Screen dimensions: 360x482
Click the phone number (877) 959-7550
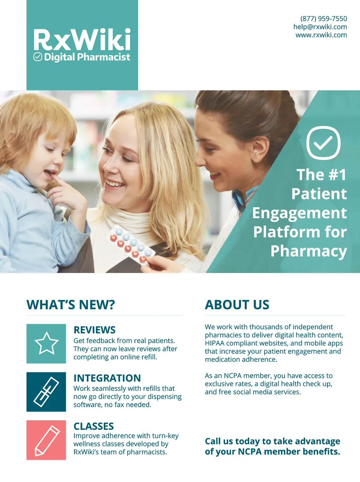pyautogui.click(x=323, y=19)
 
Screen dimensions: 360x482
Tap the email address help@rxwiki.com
pyautogui.click(x=320, y=27)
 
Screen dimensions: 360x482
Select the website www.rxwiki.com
pyautogui.click(x=321, y=35)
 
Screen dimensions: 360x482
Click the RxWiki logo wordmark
pyautogui.click(x=82, y=39)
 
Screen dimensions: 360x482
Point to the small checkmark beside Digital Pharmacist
pyautogui.click(x=38, y=57)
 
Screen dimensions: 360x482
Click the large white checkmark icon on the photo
pyautogui.click(x=323, y=143)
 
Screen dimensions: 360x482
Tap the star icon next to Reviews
pyautogui.click(x=46, y=343)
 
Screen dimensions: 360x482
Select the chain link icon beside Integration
pyautogui.click(x=46, y=392)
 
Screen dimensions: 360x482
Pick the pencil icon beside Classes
pyautogui.click(x=47, y=440)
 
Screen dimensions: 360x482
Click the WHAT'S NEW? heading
pyautogui.click(x=71, y=305)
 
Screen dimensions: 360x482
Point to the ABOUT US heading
pyautogui.click(x=237, y=305)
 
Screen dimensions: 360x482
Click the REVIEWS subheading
pyautogui.click(x=95, y=330)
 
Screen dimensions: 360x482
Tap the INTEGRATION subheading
pyautogui.click(x=107, y=378)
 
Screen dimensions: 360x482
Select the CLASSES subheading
pyautogui.click(x=94, y=426)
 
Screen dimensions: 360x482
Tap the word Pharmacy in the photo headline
pyautogui.click(x=309, y=251)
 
